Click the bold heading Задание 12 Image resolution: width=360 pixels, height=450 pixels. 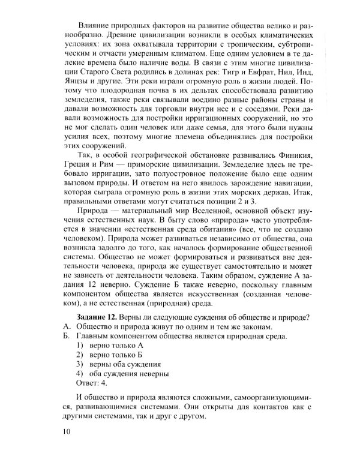point(97,317)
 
